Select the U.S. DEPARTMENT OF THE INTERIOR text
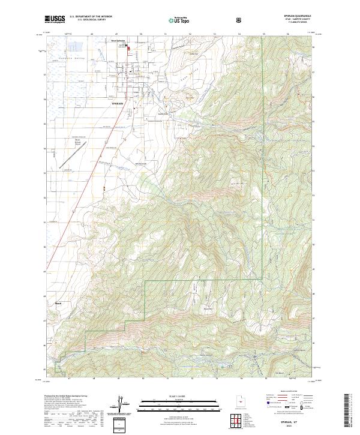tap(90, 17)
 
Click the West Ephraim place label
tap(118, 41)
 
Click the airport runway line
tap(71, 157)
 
